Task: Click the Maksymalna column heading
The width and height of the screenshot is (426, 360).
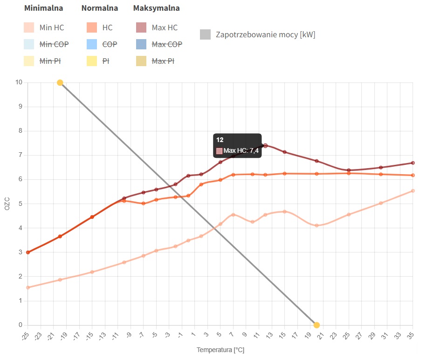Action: click(156, 8)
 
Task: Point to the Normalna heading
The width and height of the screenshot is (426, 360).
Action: click(99, 8)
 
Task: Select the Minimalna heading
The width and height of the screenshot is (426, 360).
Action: click(43, 8)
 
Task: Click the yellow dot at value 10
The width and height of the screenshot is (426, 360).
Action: click(60, 83)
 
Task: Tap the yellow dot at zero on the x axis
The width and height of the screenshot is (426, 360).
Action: click(316, 325)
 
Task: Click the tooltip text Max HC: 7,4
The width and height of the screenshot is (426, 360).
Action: click(241, 150)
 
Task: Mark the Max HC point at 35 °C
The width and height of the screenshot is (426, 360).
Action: click(413, 163)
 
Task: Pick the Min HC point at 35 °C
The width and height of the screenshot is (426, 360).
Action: click(413, 191)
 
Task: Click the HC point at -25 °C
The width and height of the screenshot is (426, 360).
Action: click(28, 252)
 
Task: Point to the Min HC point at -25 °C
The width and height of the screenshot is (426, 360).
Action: click(28, 287)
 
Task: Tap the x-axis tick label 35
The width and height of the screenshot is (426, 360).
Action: click(411, 334)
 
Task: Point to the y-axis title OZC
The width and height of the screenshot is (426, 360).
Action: click(7, 204)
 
